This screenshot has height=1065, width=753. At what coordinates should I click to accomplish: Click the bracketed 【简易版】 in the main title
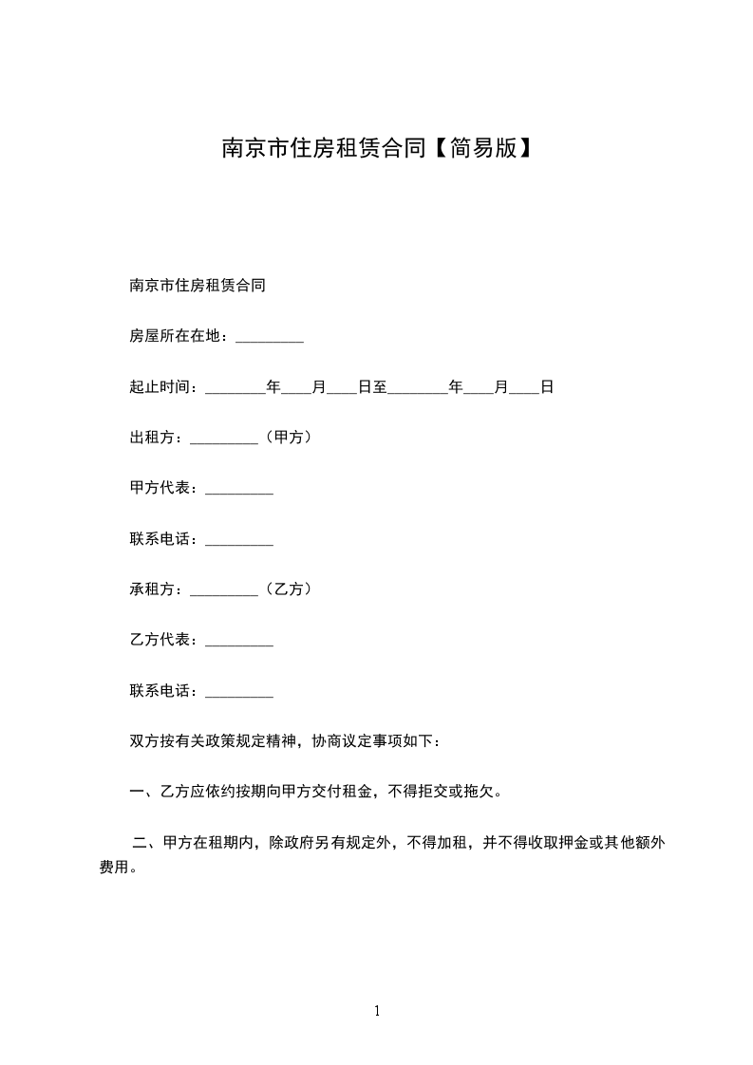(x=480, y=149)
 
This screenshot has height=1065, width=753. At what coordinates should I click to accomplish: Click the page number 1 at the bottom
(x=377, y=1011)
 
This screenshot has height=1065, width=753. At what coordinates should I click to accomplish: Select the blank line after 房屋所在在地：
(x=269, y=338)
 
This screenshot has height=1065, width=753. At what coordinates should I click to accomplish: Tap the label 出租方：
(x=160, y=439)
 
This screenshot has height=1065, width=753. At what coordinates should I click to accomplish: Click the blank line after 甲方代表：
(x=239, y=490)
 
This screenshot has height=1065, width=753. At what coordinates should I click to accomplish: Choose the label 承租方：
(x=160, y=590)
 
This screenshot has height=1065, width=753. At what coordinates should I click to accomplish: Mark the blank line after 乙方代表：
(x=239, y=642)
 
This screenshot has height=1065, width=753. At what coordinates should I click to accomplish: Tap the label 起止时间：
(x=167, y=388)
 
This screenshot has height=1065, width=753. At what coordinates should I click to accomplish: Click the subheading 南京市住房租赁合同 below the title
(x=197, y=285)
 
